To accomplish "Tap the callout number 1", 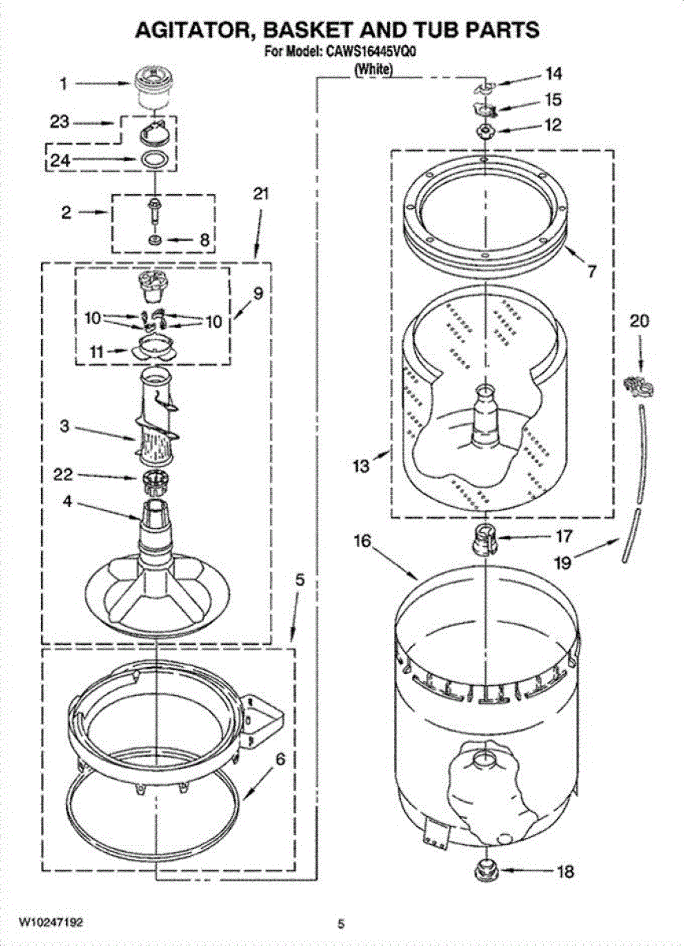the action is (x=63, y=84).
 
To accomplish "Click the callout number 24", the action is (x=61, y=160).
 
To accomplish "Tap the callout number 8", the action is (x=204, y=240).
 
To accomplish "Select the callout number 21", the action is (x=261, y=194).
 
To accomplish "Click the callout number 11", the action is (x=97, y=352).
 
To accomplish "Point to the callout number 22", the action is (x=63, y=475).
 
